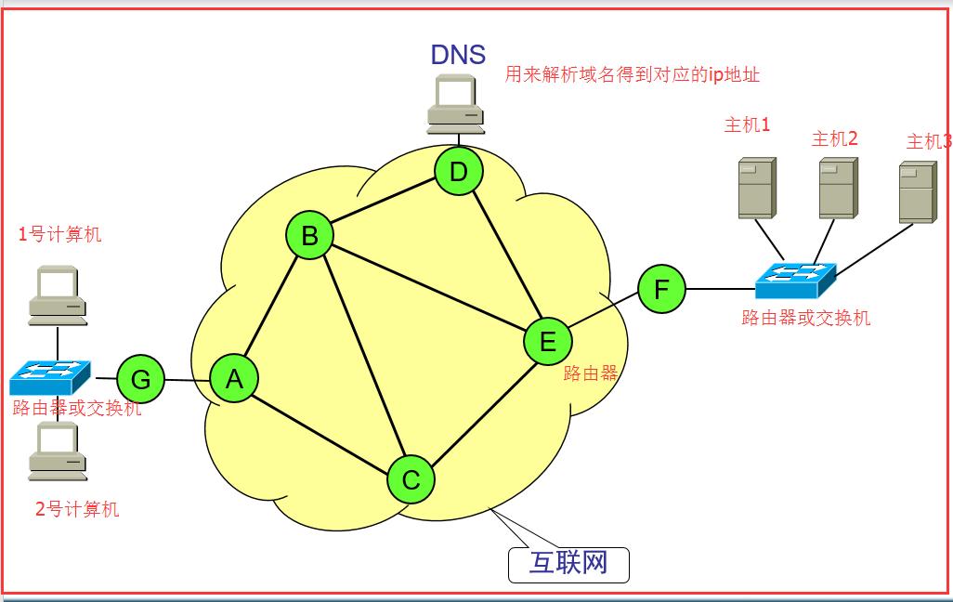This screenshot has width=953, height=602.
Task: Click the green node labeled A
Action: [x=234, y=379]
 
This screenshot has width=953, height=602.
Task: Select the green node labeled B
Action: [x=309, y=236]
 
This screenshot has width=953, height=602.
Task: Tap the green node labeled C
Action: [x=411, y=479]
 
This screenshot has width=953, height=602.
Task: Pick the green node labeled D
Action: [x=458, y=172]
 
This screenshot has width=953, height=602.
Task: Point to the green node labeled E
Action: [x=547, y=342]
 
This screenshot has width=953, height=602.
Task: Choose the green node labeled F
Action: [x=661, y=289]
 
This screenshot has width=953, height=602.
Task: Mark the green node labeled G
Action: [x=140, y=379]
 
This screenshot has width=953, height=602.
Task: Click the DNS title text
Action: [x=458, y=54]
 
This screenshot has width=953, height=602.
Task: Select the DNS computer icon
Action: [x=455, y=104]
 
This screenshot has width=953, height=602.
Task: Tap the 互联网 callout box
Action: [x=568, y=564]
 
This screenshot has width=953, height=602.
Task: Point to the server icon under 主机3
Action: [x=917, y=192]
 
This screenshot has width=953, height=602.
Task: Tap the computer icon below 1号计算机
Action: [x=57, y=295]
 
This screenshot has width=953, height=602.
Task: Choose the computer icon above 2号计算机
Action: [x=58, y=452]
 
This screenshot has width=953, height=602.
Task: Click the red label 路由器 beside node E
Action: [x=591, y=373]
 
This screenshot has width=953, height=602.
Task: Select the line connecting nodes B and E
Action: [x=427, y=288]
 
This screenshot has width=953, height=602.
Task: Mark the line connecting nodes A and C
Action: [x=321, y=428]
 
